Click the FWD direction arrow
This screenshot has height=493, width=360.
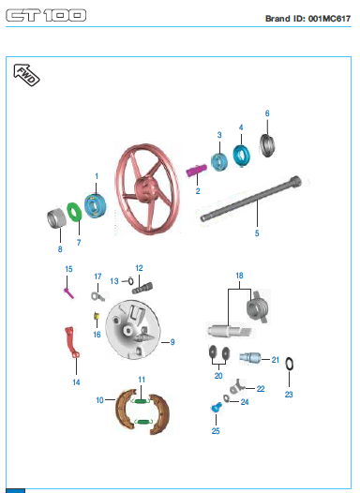coord(26,75)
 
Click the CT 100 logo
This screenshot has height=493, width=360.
coord(46,15)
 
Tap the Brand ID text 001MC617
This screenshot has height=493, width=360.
coord(329,19)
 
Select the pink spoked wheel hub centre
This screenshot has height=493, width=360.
coord(145,189)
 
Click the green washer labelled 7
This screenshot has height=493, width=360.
coord(74,212)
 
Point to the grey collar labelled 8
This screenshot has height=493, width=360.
coord(56,217)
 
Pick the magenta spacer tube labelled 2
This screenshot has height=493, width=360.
coord(197,170)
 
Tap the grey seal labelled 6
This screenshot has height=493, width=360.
coord(267,145)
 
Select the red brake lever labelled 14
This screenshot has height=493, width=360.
coord(71,343)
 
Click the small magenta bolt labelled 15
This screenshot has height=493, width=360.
coord(68,293)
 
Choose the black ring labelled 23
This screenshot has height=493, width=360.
coord(290,365)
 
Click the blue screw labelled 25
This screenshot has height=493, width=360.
coord(216,408)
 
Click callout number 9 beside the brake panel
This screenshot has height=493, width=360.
coord(172,342)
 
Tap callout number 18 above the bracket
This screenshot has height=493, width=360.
coord(239,276)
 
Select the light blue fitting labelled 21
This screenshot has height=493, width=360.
coord(250,358)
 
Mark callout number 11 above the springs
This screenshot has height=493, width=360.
coord(142,380)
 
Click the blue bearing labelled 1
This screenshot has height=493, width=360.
coord(95,206)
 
